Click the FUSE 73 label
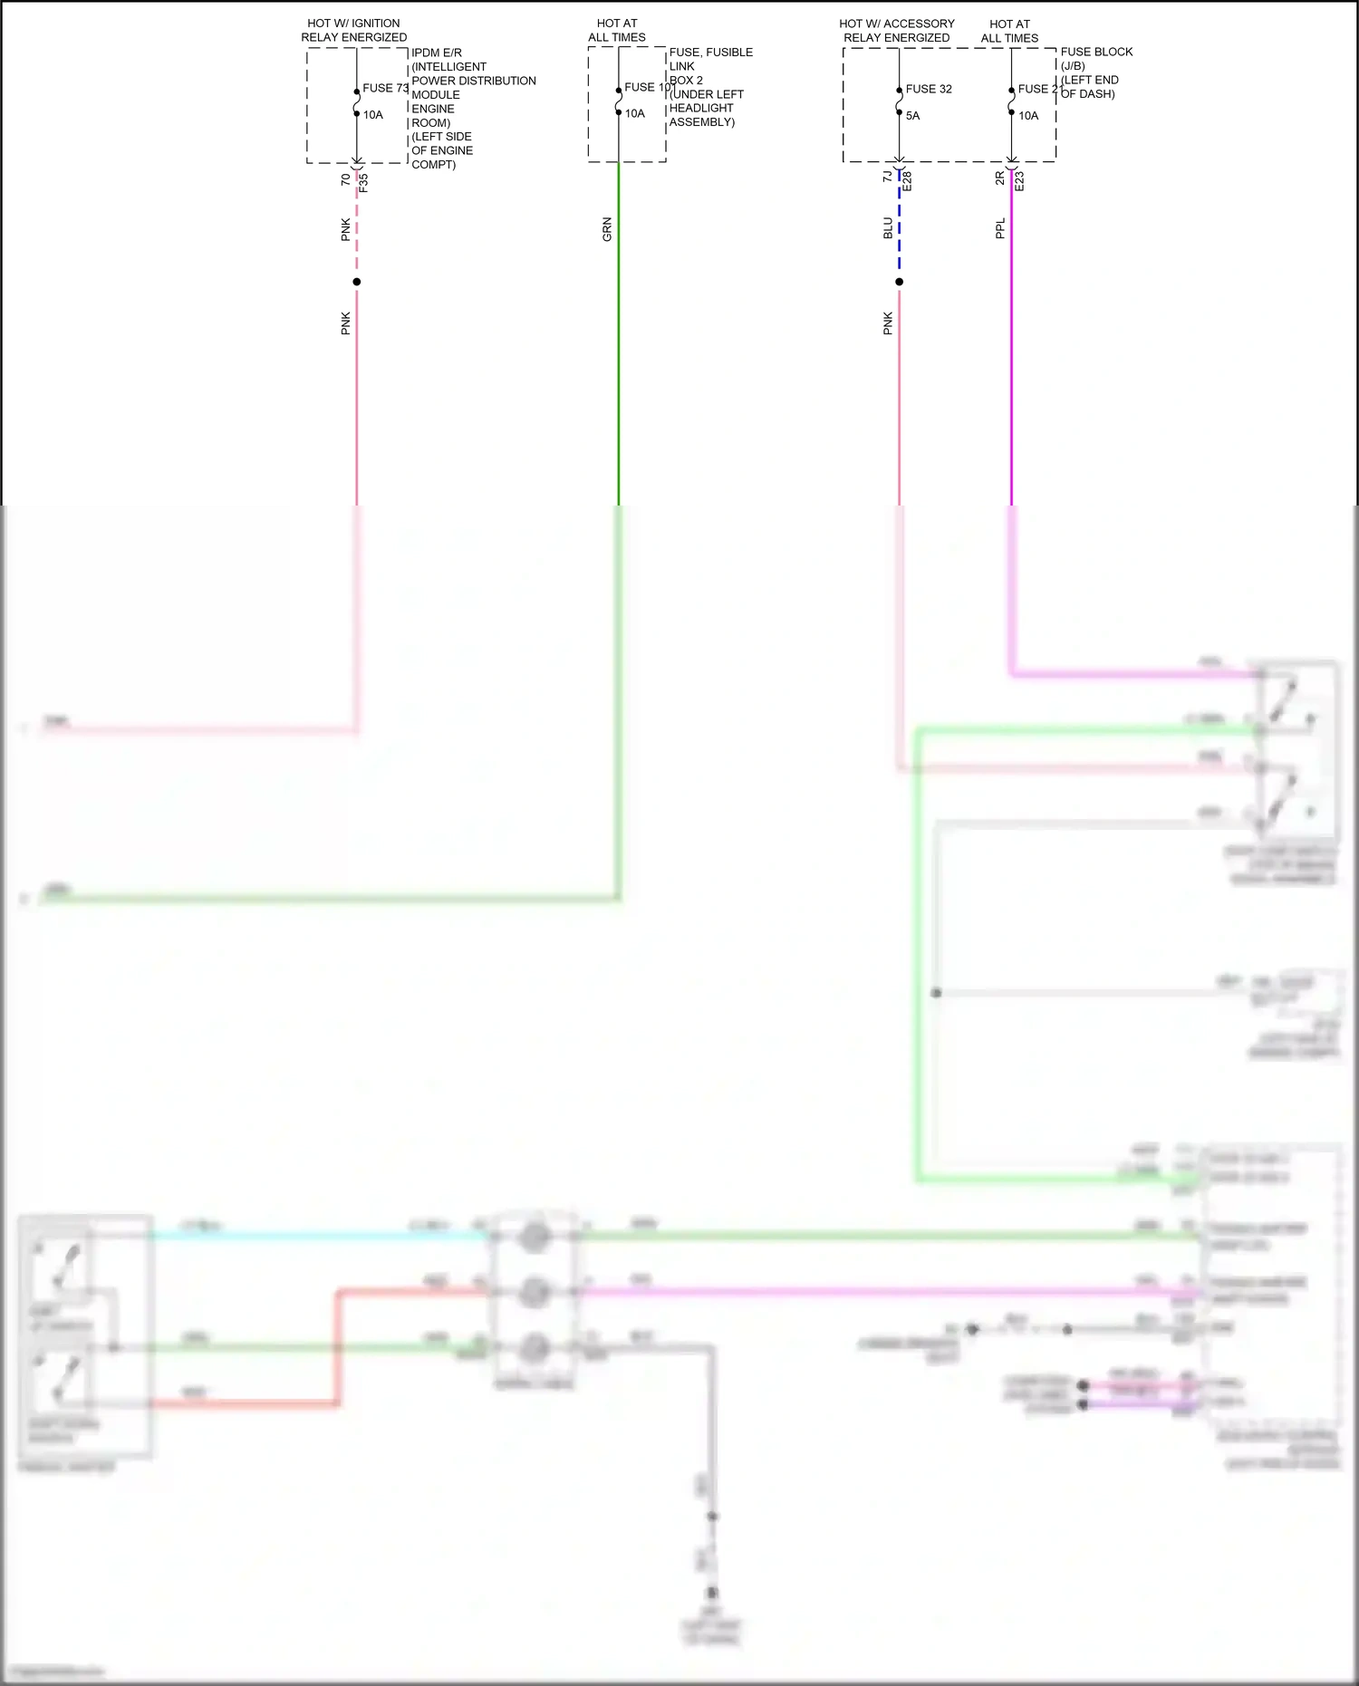[x=385, y=88]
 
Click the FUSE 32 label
[x=929, y=89]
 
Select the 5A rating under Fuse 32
[x=912, y=116]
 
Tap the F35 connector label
[x=364, y=182]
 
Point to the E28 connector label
[x=907, y=180]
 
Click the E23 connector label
[x=1019, y=180]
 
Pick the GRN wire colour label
[x=607, y=229]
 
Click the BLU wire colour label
[x=888, y=228]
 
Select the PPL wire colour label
[x=1000, y=228]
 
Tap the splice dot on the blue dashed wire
[x=899, y=282]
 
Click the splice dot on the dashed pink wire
[x=357, y=282]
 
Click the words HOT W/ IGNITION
[x=353, y=24]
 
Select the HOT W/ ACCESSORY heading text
[x=897, y=24]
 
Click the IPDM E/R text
[x=437, y=53]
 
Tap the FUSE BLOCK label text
[x=1096, y=52]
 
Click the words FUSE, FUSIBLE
[x=711, y=52]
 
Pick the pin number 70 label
[x=345, y=180]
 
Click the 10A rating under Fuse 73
[x=373, y=115]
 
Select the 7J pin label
[x=887, y=178]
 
